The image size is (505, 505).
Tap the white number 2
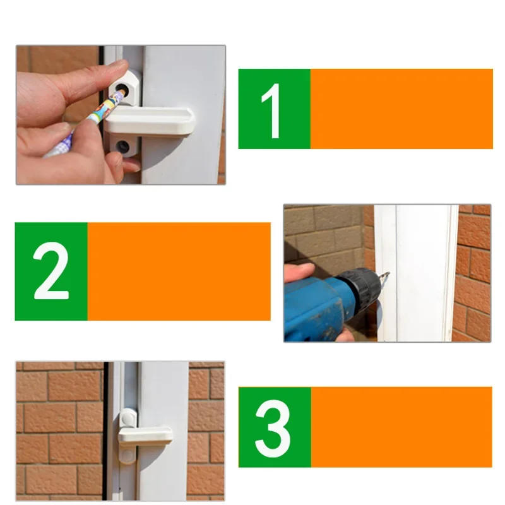50,271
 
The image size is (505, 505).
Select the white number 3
273,427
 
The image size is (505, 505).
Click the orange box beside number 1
401,109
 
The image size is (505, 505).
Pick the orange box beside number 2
179,271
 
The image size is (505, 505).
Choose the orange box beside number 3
401,427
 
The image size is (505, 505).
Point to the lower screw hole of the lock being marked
124,147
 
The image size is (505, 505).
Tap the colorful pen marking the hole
88,122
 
